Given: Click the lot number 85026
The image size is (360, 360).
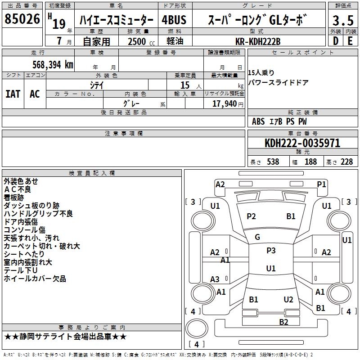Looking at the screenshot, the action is click(22, 19).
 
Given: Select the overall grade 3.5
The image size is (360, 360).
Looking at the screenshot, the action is click(343, 20).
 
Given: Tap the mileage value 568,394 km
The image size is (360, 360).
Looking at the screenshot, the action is click(53, 64).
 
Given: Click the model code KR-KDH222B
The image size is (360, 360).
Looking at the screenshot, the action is click(258, 41).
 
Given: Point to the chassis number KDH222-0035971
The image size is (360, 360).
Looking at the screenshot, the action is click(302, 143).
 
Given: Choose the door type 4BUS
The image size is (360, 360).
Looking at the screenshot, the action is click(174, 20).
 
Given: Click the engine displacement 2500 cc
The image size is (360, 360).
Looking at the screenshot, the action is click(141, 42).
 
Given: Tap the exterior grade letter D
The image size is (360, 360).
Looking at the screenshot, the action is click(336, 41).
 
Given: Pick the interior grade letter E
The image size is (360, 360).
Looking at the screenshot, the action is click(350, 41).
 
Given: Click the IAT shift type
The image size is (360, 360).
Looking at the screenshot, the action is click(13, 94).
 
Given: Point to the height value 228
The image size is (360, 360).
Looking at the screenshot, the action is click(346, 162).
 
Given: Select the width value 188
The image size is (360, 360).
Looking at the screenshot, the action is click(310, 162).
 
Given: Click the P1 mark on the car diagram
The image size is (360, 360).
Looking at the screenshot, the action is click(321, 184).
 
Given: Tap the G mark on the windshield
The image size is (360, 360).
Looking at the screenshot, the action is click(257, 237).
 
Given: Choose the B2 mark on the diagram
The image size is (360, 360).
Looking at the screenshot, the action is click(283, 322).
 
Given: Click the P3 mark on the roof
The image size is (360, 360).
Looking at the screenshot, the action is click(271, 251).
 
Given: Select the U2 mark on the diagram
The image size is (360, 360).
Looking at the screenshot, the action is click(288, 300).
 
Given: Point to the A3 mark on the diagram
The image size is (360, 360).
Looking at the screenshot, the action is click(215, 279).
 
